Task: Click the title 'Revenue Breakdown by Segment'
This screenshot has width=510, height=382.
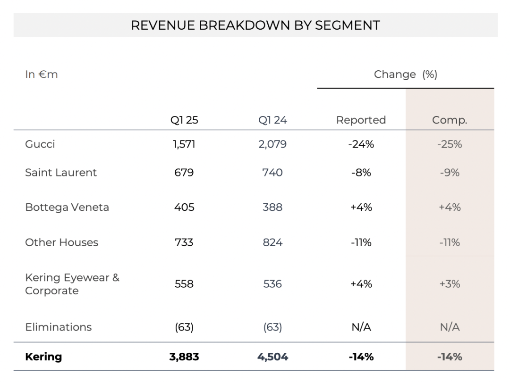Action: coord(255,25)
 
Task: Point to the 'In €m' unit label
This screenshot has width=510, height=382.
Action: coord(41,75)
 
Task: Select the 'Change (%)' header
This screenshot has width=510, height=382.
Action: coord(405,75)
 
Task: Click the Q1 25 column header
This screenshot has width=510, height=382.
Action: coord(184,120)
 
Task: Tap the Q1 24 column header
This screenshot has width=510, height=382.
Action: coord(272,120)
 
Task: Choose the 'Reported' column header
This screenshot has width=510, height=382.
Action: coord(361,120)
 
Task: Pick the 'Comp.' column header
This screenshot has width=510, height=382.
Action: coord(450,120)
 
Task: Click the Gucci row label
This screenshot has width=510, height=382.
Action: coord(40,144)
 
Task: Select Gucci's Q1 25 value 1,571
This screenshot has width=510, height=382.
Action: coord(184,144)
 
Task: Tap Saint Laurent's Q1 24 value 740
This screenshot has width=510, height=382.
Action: coord(272,173)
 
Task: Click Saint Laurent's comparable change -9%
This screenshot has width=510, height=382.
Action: coord(450,173)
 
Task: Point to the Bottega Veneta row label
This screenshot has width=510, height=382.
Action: coord(67,207)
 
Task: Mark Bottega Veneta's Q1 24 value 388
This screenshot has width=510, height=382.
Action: coord(272,207)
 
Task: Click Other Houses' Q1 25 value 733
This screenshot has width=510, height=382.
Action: coord(184,242)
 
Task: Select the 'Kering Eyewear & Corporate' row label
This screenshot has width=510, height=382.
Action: coord(72,284)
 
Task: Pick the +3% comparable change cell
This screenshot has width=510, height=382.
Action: coord(450,284)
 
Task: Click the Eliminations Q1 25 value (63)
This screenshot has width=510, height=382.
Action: coord(184,327)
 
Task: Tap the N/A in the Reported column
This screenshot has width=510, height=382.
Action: coord(361,327)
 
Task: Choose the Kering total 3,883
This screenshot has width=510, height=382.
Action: coord(184,357)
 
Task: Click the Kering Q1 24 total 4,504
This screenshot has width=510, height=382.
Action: coord(272,357)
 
